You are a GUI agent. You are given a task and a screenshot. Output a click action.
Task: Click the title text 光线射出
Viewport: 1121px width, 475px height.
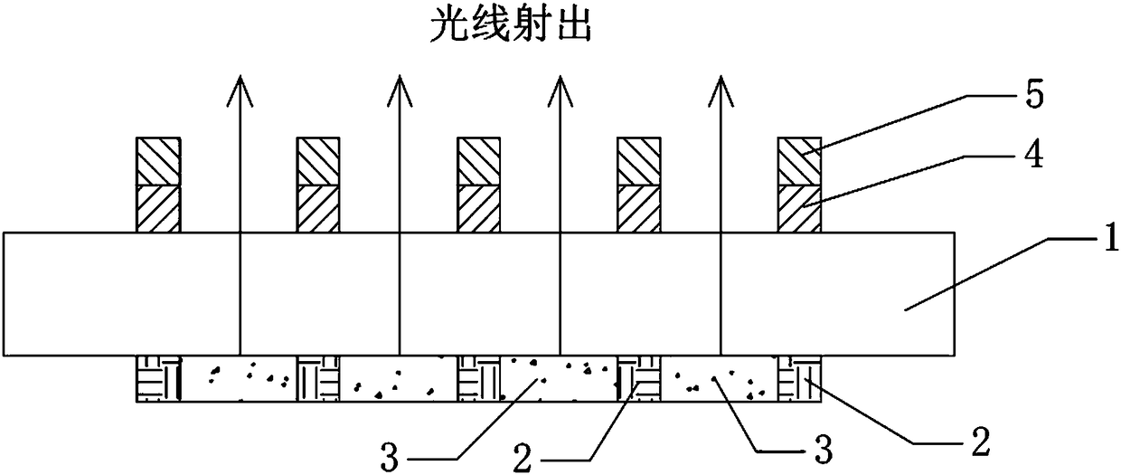pos(509,28)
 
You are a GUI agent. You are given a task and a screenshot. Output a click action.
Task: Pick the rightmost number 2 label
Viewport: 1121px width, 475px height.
pos(979,445)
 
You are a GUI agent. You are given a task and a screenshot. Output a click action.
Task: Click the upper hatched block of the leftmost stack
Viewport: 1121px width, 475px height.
pos(159,161)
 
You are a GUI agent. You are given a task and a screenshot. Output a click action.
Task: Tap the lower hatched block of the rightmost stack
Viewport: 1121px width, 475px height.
pos(799,208)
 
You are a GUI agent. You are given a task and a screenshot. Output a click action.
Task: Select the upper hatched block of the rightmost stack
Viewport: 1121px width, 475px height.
pos(799,161)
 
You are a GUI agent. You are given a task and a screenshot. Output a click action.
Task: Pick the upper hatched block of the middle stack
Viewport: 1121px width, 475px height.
pos(479,161)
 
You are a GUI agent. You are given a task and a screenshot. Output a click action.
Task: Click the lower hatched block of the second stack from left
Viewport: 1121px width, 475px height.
pos(319,208)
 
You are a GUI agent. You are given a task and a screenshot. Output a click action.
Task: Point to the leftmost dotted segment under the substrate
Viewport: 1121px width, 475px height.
pos(240,378)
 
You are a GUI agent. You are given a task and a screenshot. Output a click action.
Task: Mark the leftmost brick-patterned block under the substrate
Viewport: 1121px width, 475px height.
pos(159,378)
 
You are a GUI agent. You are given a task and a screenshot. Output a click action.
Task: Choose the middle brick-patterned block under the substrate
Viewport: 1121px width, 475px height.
pos(479,378)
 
